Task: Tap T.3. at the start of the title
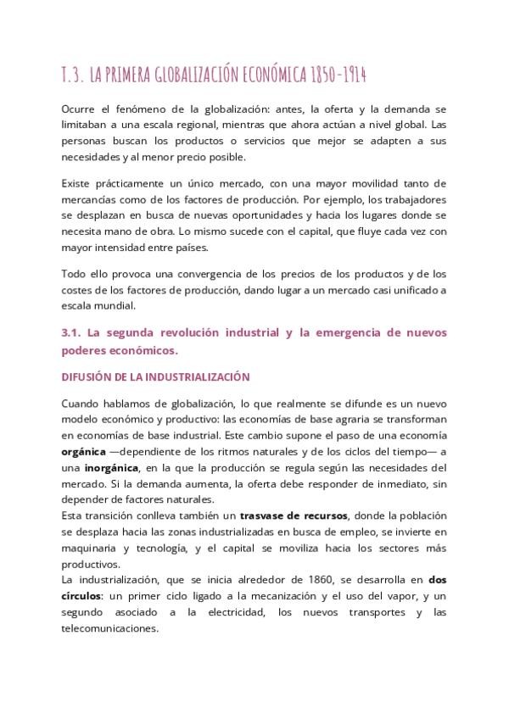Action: tap(74, 75)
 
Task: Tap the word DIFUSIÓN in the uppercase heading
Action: tap(89, 376)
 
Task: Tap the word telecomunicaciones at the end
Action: tap(109, 628)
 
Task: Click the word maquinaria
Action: tap(91, 548)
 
